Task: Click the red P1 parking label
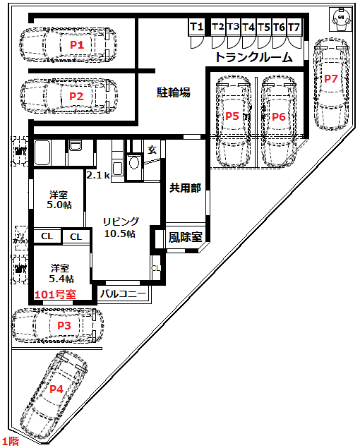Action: click(77, 45)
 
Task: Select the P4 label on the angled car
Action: click(56, 389)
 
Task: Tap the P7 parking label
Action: click(331, 78)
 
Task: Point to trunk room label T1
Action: click(197, 27)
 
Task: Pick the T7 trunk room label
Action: click(294, 28)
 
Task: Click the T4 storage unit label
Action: click(248, 28)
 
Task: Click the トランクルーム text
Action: click(254, 57)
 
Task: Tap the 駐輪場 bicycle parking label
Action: click(174, 92)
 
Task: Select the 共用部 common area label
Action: click(185, 188)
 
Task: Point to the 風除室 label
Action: click(185, 237)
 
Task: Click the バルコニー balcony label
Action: click(123, 293)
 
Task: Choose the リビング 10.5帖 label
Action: click(121, 227)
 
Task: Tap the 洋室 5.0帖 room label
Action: click(59, 200)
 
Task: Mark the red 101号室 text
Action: click(55, 295)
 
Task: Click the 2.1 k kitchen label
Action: click(98, 175)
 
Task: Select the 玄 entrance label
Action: click(152, 150)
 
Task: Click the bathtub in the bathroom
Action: click(42, 152)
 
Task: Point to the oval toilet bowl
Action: click(134, 163)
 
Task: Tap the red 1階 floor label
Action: click(11, 442)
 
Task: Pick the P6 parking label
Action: click(279, 116)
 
